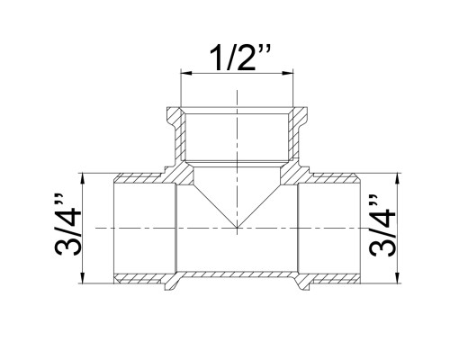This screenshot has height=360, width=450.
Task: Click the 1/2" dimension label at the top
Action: [239, 58]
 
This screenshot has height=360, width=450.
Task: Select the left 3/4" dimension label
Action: [67, 225]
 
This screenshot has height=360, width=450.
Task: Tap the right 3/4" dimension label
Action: [382, 226]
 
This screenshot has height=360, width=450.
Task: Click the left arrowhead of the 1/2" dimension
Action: [186, 73]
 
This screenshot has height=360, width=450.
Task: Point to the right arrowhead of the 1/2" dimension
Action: [287, 73]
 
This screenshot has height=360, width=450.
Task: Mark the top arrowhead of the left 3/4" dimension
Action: [83, 179]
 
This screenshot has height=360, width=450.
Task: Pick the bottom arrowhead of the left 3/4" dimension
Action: [83, 277]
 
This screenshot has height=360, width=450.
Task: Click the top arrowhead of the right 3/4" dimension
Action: [398, 179]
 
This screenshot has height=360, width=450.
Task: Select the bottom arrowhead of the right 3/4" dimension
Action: [398, 277]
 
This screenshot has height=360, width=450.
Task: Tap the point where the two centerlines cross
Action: [237, 228]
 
